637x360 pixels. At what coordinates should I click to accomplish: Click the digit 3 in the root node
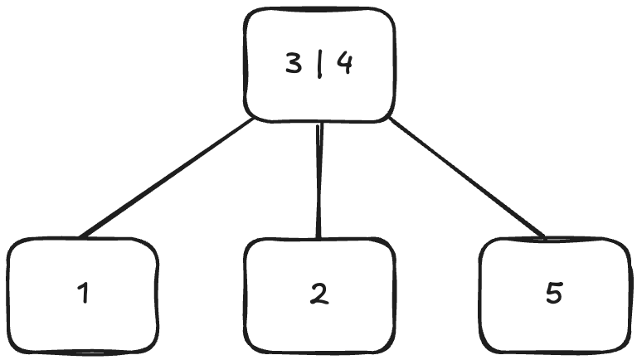click(x=294, y=66)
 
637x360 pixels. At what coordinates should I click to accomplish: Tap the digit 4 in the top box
click(x=344, y=65)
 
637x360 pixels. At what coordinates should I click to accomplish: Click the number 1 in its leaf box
click(x=82, y=293)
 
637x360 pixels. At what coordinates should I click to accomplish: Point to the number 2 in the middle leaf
click(x=319, y=293)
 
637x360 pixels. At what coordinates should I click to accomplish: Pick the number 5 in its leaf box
click(x=554, y=293)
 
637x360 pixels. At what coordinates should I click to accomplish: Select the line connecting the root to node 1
click(x=166, y=178)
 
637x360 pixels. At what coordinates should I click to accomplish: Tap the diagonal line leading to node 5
click(x=469, y=178)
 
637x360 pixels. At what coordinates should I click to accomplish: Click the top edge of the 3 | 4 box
click(x=319, y=9)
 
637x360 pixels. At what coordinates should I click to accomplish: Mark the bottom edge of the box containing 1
click(x=82, y=352)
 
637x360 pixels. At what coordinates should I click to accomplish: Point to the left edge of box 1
click(x=8, y=294)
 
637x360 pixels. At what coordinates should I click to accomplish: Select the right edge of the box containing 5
click(x=629, y=294)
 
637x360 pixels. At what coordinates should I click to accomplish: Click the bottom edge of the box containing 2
click(x=319, y=352)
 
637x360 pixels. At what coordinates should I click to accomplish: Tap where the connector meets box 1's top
click(x=80, y=238)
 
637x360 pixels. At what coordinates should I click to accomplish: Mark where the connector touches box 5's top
click(x=546, y=238)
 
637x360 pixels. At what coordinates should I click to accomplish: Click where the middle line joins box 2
click(x=318, y=239)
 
